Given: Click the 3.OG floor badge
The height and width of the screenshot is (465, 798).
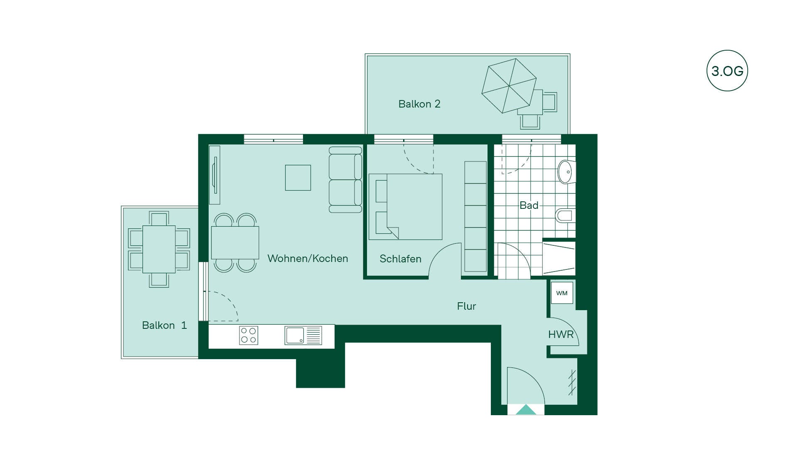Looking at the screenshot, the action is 727,71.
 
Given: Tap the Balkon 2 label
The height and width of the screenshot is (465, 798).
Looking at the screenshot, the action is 419,104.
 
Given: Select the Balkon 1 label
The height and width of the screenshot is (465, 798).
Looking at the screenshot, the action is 164,325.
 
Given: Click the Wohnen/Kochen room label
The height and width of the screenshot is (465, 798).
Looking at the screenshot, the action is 308,258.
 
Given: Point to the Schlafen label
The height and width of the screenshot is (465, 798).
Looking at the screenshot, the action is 400,259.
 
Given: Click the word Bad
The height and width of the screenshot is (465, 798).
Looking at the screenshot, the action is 529,205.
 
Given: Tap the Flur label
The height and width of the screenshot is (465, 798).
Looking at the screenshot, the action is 466,306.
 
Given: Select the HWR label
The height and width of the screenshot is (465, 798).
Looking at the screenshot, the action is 561,334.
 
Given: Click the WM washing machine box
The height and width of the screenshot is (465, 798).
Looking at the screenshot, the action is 562,293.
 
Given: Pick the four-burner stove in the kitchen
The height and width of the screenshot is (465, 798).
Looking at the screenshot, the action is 249,335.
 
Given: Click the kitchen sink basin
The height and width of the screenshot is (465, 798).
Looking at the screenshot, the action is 295,335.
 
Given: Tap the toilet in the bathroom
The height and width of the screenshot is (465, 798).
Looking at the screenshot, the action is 565,215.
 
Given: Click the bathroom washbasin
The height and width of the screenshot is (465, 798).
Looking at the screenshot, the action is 566,171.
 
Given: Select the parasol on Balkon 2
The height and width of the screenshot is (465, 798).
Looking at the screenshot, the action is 509,86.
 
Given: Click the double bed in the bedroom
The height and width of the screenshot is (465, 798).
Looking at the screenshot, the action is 405,207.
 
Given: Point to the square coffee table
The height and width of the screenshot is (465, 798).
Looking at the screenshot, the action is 298,178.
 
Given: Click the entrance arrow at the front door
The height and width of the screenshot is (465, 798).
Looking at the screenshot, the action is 526,409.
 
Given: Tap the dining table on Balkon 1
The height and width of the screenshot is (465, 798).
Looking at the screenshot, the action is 159,249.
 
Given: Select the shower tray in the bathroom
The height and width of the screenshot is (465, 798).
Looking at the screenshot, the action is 559,258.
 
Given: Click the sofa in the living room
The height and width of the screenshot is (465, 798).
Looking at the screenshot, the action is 345,180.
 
